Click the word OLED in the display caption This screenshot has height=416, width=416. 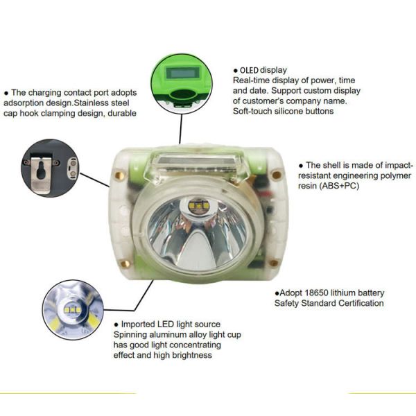pos(250,70)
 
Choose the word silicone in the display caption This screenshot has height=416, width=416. pos(284,111)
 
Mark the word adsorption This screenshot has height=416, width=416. pos(27,103)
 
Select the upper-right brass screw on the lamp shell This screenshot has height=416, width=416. pos(275,175)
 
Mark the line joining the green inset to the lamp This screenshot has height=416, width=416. pos(181,128)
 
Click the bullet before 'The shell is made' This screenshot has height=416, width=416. pos(301,166)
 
